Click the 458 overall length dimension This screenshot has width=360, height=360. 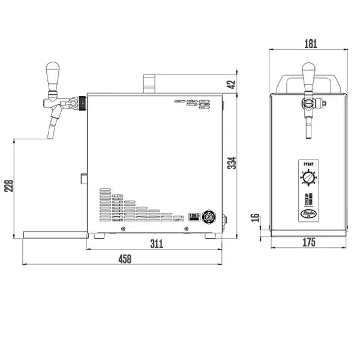tap(125, 259)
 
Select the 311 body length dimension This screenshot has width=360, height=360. tap(156, 243)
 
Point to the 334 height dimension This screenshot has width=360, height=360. tap(232, 163)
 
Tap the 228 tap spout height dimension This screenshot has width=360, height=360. tap(7, 187)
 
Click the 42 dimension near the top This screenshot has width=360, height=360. tap(232, 83)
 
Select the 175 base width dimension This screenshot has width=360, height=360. tap(308, 243)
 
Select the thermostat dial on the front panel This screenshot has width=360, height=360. tap(308, 178)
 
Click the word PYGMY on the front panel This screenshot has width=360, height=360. tap(308, 163)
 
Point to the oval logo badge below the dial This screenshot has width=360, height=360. tap(308, 211)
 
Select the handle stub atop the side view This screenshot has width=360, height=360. tap(149, 83)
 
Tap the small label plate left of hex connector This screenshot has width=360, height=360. tap(193, 215)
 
